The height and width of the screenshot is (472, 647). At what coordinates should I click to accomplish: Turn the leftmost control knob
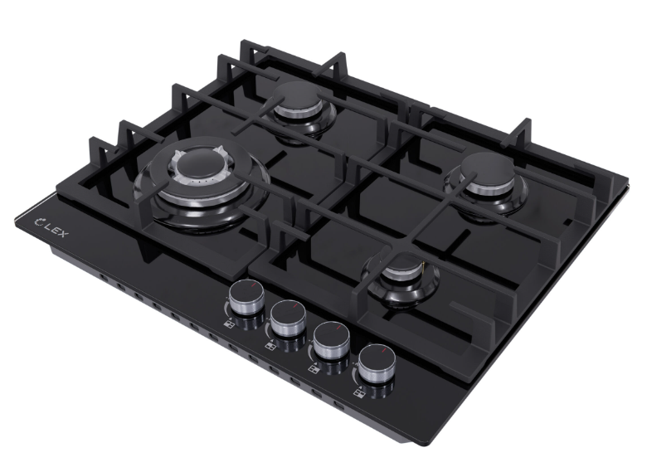(245, 298)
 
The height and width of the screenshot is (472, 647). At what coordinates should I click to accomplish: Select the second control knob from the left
(288, 319)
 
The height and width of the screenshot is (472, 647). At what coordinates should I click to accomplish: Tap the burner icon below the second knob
(271, 343)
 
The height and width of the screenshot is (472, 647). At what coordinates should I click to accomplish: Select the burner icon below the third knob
(314, 365)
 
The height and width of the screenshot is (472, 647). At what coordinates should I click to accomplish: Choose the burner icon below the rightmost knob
(359, 389)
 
